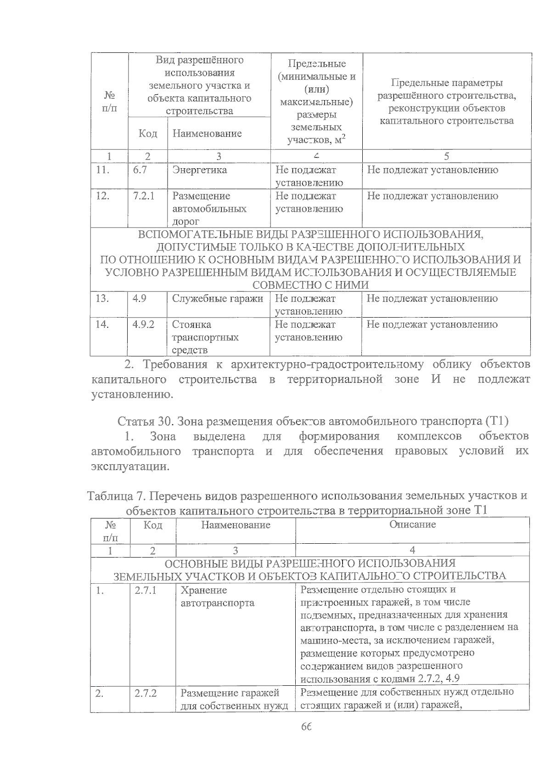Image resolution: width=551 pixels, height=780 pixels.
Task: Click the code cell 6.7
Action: coord(140,170)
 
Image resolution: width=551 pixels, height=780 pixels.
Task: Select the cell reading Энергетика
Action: coord(199,170)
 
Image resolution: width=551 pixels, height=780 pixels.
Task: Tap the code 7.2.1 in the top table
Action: coord(144,196)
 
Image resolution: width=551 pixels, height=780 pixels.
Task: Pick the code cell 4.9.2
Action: coord(143,325)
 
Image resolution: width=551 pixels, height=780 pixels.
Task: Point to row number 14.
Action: coord(102,325)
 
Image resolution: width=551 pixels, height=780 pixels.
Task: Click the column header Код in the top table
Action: coord(148,134)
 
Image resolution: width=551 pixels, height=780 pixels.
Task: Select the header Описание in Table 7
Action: coord(412,524)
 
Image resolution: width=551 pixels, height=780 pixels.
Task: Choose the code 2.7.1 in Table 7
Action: coord(146,590)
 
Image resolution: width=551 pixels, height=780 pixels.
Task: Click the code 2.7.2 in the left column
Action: coord(146,693)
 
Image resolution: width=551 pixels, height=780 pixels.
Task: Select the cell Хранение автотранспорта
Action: coord(217,597)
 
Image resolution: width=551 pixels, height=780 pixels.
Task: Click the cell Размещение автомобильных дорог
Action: coord(209,209)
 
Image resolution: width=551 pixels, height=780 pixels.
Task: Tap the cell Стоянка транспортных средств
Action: coord(205,337)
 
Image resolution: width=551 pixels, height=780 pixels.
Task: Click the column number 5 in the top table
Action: coord(446,156)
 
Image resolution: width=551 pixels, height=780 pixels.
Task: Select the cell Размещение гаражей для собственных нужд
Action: coord(234,699)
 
